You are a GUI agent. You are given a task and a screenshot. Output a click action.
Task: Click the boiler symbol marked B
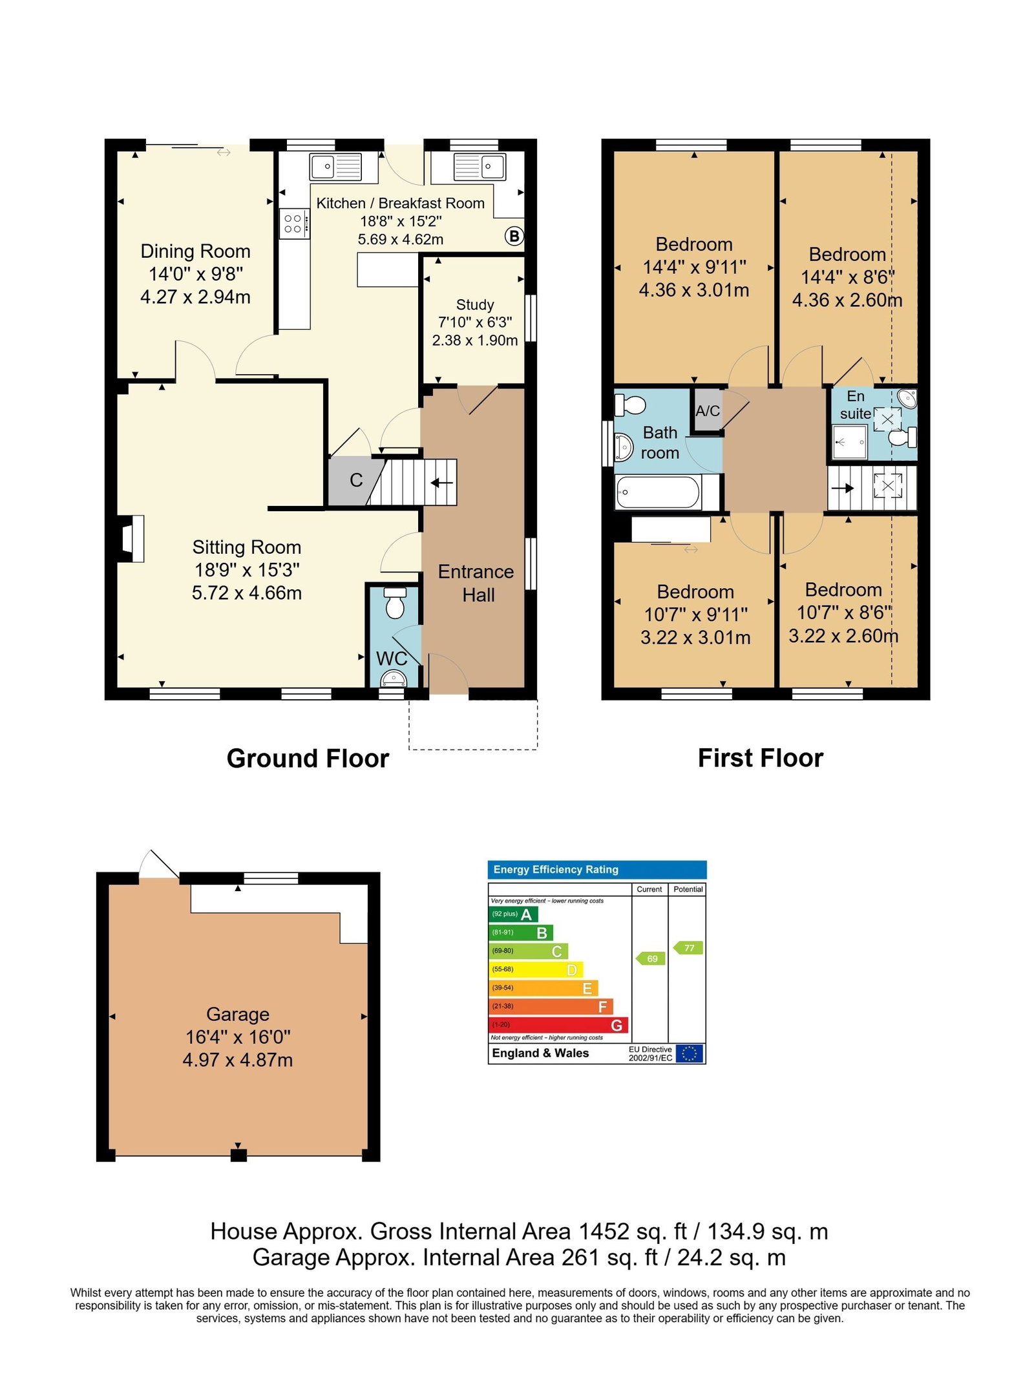point(514,236)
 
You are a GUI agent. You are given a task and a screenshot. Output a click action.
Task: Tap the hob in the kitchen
point(294,224)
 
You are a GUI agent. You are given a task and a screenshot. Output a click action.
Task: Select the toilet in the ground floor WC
point(394,602)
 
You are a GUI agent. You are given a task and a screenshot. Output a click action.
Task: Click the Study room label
point(475,304)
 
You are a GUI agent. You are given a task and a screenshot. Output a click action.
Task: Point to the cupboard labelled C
point(352,481)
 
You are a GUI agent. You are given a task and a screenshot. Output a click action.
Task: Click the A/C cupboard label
point(708,410)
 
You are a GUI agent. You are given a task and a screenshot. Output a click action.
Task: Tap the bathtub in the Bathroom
point(658,492)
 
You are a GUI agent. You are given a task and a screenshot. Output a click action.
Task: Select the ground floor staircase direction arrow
point(442,482)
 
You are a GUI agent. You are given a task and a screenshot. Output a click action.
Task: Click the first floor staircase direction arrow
point(842,488)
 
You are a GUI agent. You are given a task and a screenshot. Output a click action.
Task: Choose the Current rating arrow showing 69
point(651,958)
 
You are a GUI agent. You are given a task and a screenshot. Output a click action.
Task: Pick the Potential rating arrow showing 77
point(688,948)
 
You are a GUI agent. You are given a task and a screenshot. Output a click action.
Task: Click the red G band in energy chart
point(558,1025)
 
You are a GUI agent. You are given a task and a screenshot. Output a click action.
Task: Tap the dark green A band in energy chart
point(513,914)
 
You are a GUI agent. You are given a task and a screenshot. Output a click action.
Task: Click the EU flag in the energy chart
point(690,1053)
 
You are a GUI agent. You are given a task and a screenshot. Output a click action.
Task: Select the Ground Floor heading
point(308,759)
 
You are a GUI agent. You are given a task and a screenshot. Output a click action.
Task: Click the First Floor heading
point(761,758)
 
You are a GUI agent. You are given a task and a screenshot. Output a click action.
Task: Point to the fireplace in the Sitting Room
point(132,538)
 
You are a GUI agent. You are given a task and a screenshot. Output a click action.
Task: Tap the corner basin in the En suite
point(907,399)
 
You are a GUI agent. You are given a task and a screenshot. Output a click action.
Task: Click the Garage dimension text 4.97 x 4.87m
point(238,1060)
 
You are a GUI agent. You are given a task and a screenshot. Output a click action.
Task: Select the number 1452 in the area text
point(604,1232)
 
